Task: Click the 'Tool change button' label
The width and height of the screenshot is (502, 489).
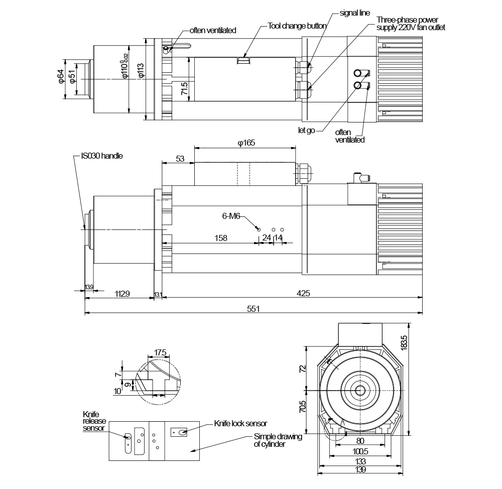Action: [297, 26]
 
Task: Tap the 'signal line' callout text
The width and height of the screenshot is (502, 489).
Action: [355, 13]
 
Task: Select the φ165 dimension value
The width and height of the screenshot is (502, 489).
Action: [246, 143]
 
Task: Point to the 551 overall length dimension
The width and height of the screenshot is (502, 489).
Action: [253, 309]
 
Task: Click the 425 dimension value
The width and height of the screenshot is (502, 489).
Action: [303, 293]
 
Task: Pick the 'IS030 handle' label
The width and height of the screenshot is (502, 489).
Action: [102, 156]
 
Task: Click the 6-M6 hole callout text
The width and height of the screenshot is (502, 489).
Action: [231, 216]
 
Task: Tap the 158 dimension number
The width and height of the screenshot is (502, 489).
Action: [221, 238]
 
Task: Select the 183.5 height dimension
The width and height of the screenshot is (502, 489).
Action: [404, 343]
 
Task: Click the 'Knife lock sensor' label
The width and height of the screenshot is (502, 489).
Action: [240, 424]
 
